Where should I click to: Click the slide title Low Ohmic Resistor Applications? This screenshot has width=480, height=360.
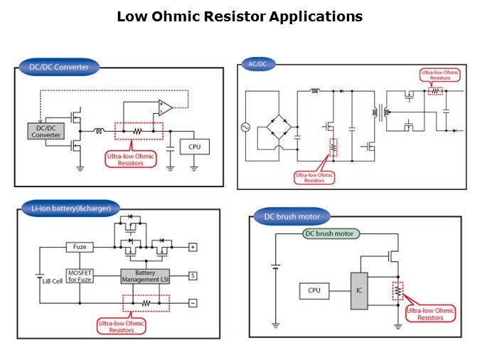[x=240, y=16]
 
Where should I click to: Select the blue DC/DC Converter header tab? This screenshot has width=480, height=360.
[x=59, y=67]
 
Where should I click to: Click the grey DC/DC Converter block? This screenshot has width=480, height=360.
[x=46, y=131]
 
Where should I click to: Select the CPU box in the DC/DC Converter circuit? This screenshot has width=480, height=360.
[x=194, y=147]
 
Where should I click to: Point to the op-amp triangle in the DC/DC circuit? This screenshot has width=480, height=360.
[x=164, y=107]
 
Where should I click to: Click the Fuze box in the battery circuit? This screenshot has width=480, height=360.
[x=79, y=247]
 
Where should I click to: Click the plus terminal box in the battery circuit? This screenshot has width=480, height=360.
[x=192, y=247]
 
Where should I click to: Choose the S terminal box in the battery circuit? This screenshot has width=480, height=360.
[x=192, y=274]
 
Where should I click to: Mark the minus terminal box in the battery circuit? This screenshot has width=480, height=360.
[x=192, y=302]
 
